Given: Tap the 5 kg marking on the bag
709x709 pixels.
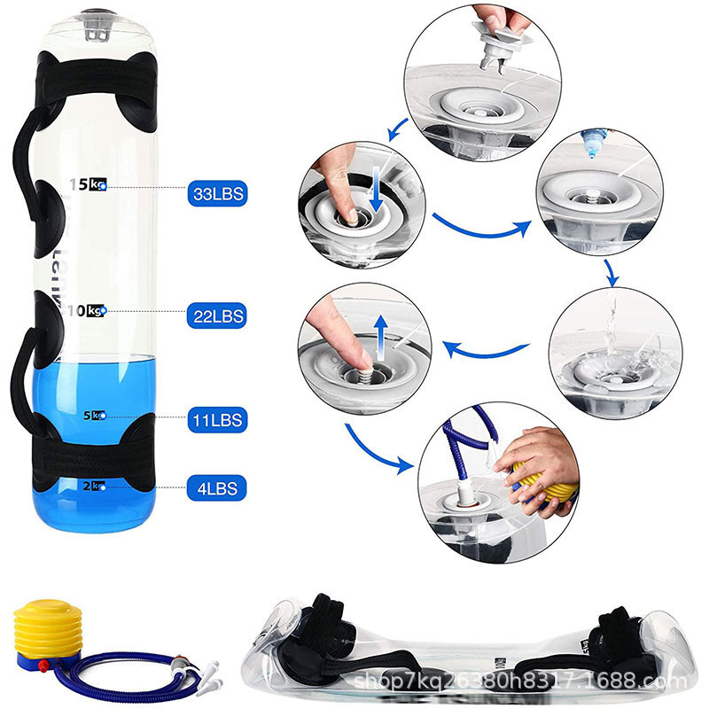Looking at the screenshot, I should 93,415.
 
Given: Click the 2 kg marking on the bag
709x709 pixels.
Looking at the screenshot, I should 93,485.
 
